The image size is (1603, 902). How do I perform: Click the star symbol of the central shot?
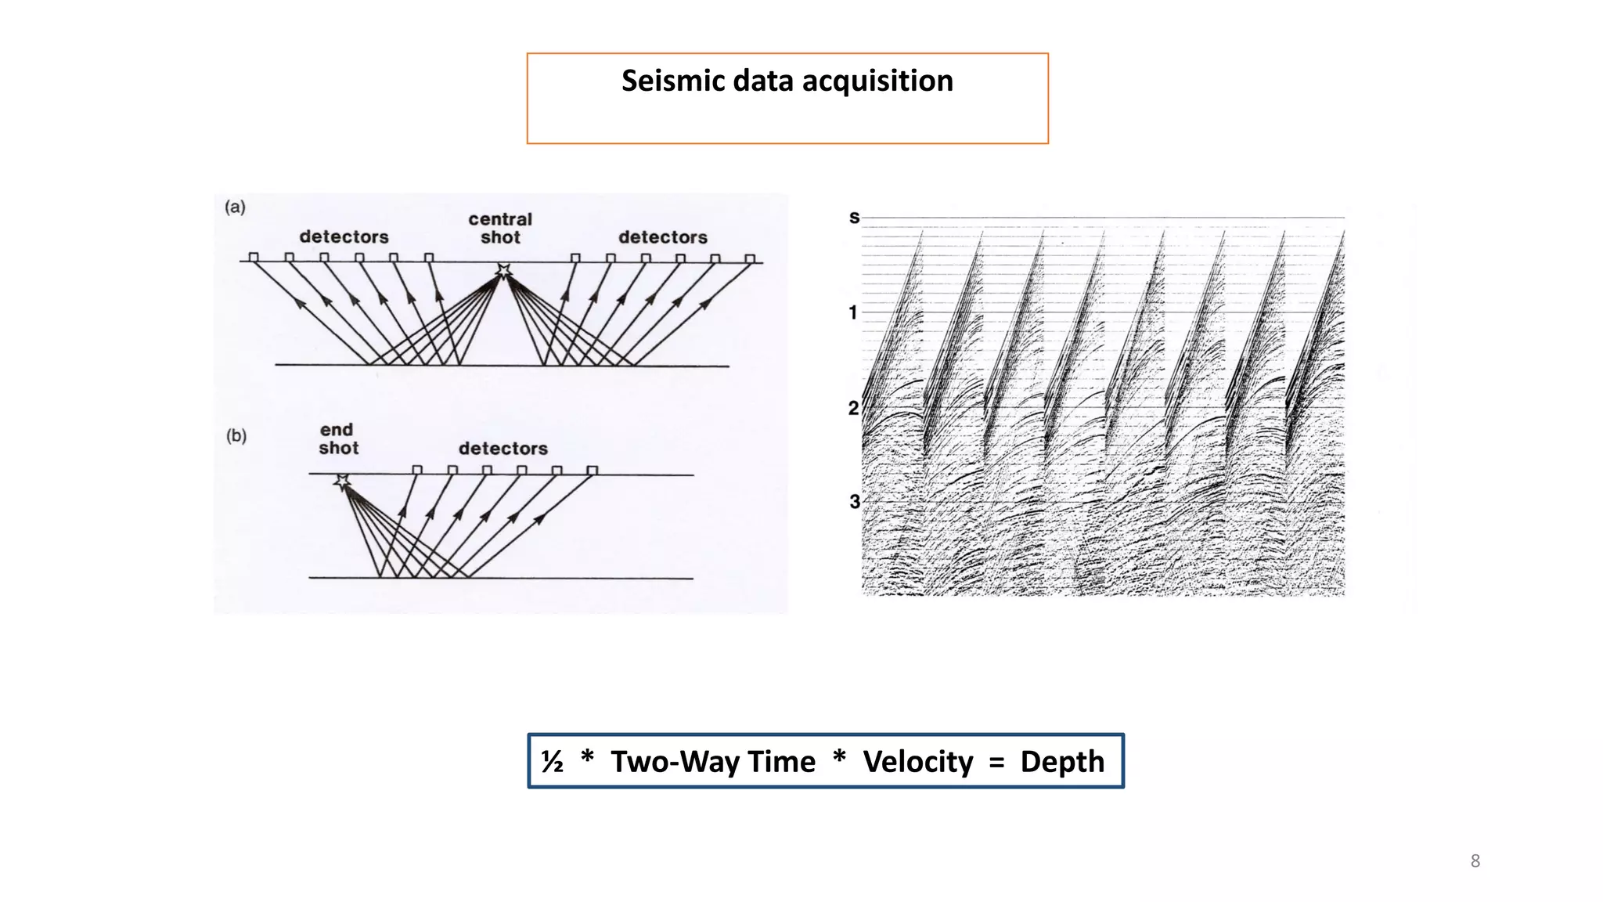point(503,271)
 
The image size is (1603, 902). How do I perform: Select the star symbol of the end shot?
point(342,482)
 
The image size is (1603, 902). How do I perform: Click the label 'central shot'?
point(500,228)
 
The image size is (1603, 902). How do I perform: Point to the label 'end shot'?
point(338,438)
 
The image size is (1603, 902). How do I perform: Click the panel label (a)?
point(235,207)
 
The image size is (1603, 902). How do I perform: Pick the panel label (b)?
point(236,435)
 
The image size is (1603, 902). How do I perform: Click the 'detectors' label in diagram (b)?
point(503,448)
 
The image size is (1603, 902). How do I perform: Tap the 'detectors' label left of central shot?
point(344,236)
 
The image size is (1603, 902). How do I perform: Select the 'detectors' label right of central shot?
point(662,236)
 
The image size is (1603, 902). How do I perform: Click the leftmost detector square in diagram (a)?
point(254,257)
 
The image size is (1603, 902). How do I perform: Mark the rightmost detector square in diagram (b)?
point(593,470)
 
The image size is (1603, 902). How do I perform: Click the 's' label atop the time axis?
point(854,218)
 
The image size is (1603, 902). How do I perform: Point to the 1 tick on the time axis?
point(853,312)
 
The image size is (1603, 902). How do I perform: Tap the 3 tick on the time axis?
point(854,501)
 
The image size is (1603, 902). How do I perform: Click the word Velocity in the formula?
point(917,761)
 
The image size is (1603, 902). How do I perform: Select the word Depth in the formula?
point(1061,761)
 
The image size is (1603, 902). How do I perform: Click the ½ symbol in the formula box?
point(553,761)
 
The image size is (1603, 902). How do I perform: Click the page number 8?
point(1475,861)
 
